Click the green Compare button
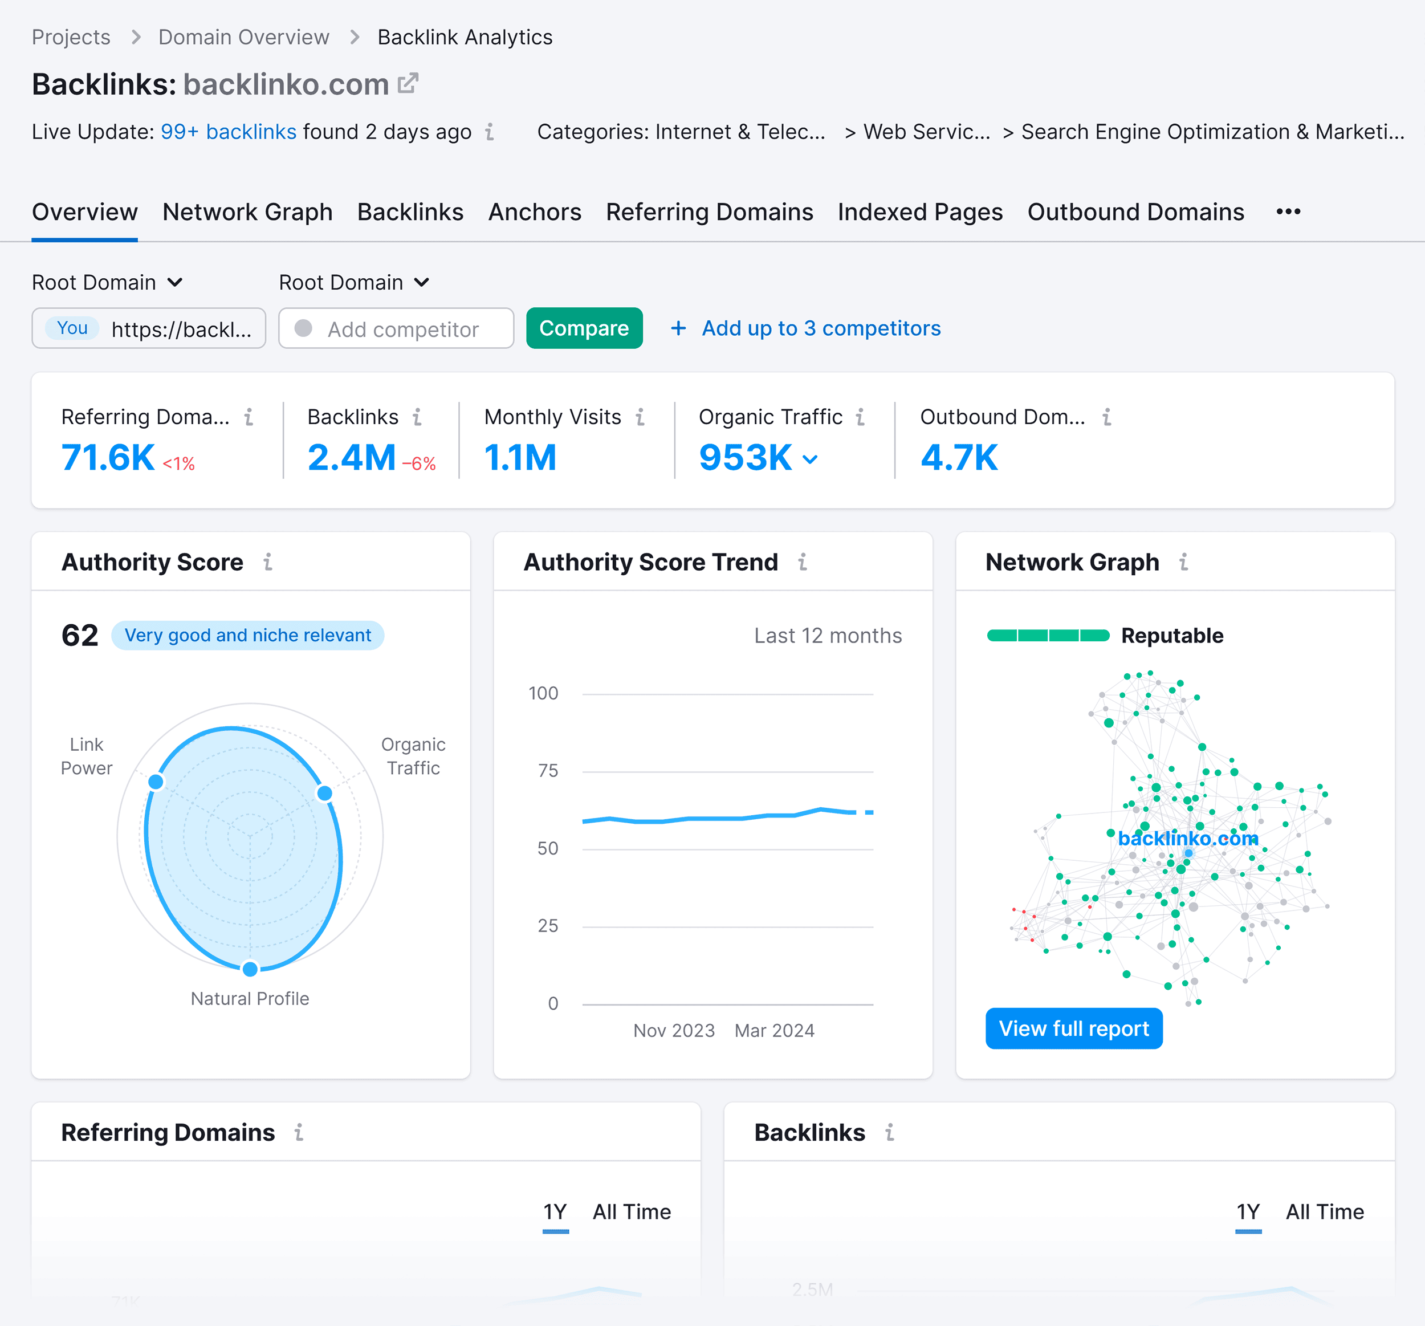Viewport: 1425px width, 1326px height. point(584,328)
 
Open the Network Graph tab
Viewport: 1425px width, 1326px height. point(247,212)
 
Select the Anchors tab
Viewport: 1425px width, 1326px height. point(534,212)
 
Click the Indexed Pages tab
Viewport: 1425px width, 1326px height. point(919,212)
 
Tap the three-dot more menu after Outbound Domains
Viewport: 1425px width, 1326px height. point(1288,211)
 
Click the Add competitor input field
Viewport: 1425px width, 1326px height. point(402,329)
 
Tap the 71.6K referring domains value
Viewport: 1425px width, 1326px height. point(108,457)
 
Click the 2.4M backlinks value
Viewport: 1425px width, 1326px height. point(351,457)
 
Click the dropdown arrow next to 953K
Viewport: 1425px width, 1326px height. point(810,459)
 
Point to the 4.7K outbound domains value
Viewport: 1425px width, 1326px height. point(958,457)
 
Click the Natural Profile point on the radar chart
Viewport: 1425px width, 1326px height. point(250,969)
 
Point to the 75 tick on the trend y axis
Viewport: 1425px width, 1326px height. point(548,771)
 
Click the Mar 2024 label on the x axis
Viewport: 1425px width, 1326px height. point(774,1031)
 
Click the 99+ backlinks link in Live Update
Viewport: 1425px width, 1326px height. point(228,132)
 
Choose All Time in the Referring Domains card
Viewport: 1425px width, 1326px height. point(631,1212)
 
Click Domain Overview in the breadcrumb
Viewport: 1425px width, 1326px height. point(244,37)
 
